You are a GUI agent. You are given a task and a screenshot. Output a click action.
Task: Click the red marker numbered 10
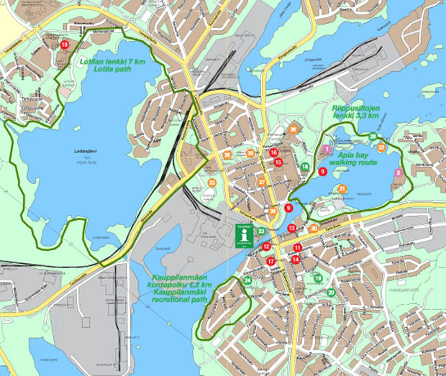coord(65,45)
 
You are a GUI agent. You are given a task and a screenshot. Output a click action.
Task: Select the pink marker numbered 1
coord(327,149)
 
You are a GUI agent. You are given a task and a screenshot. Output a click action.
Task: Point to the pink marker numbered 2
coord(399,173)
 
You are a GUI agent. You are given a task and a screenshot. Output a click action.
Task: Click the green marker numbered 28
coord(373,137)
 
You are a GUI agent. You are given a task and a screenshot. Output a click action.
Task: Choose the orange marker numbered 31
coord(342,189)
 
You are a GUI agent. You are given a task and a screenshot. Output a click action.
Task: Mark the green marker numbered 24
coord(247,280)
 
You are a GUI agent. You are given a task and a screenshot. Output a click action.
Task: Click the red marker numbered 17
coord(270,262)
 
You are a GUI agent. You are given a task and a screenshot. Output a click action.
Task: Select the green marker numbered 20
coord(331,293)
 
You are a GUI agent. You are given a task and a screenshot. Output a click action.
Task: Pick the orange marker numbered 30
coord(314,229)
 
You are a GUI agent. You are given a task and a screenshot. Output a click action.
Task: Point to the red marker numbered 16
coord(273,152)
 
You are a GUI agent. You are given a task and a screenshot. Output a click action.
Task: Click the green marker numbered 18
coord(305,167)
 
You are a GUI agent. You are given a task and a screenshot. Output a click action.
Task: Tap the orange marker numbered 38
coord(227,155)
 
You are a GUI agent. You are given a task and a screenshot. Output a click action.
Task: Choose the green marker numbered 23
coord(262,231)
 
